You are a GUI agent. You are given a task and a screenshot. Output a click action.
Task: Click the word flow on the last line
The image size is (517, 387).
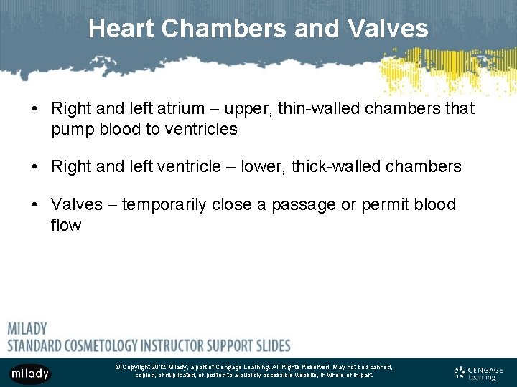[66, 225]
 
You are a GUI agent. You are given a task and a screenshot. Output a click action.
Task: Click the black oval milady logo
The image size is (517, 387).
[30, 373]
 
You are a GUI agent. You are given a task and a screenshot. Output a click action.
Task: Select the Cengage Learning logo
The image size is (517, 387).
[480, 372]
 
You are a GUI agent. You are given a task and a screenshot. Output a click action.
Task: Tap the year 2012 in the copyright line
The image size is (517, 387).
[159, 367]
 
